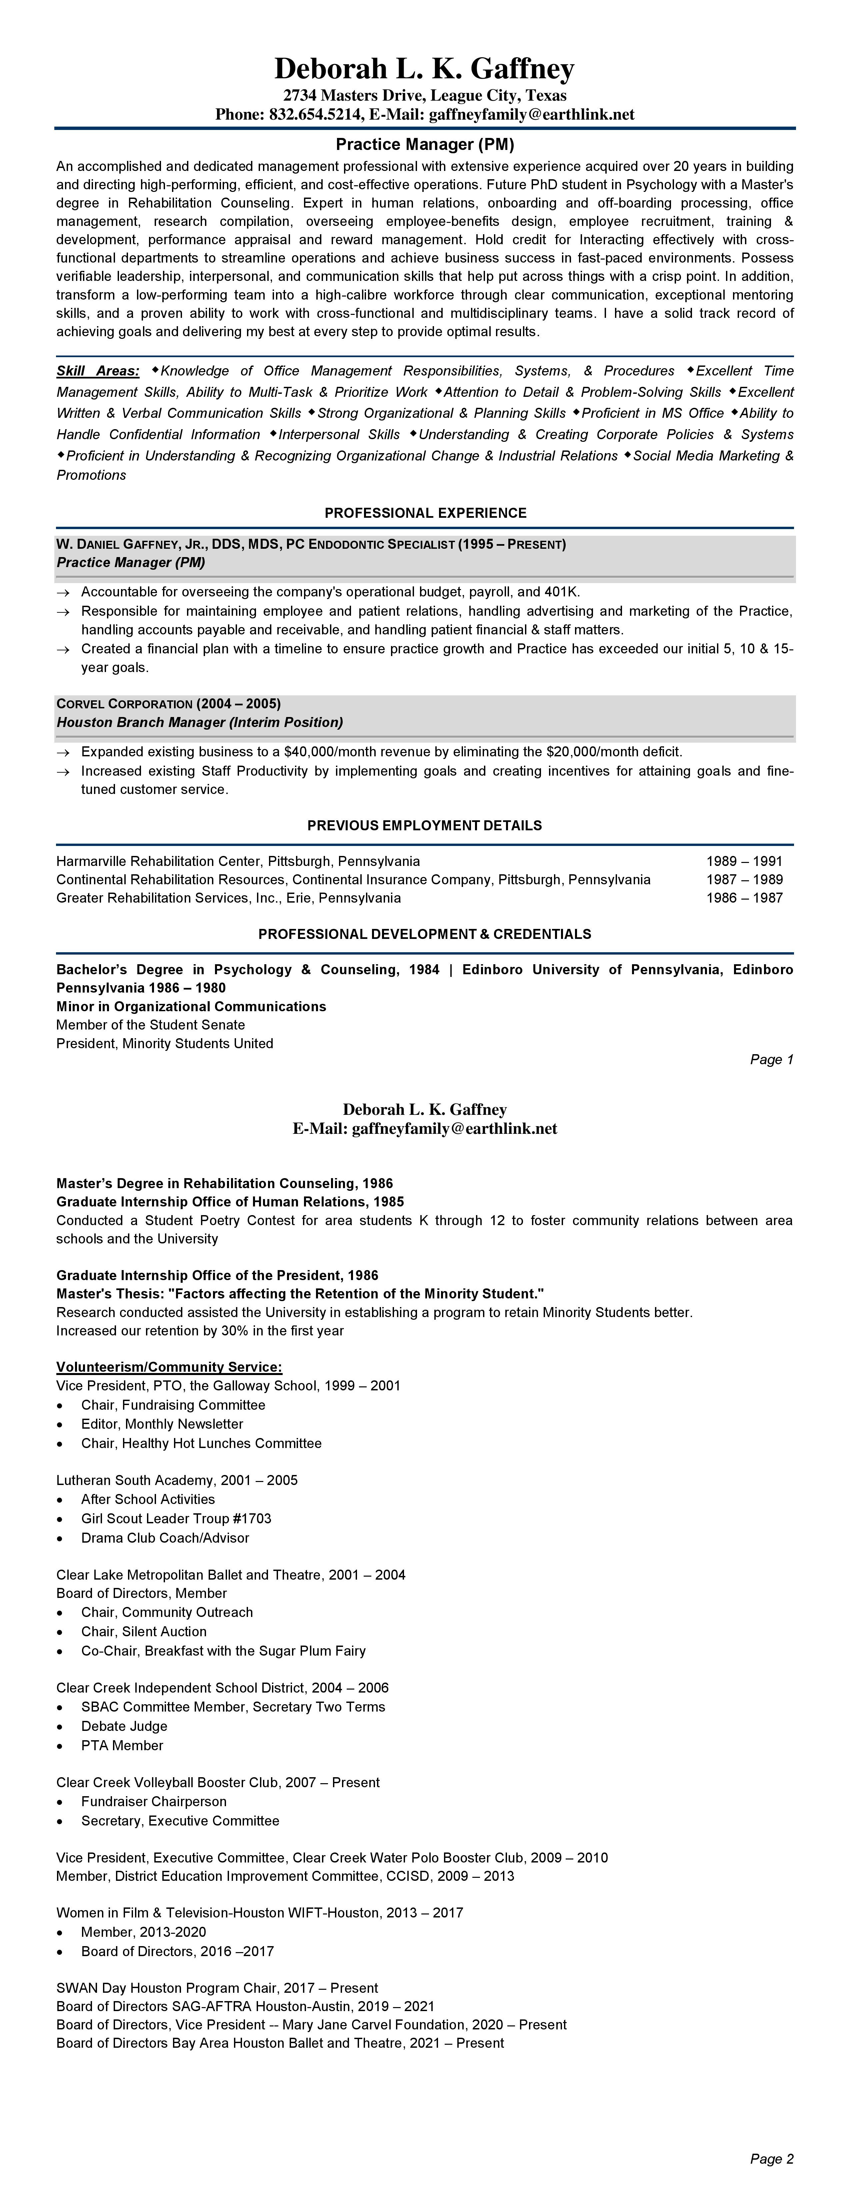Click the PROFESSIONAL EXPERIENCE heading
click(425, 513)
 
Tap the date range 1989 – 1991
click(743, 861)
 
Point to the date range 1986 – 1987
click(743, 898)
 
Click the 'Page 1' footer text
click(771, 1060)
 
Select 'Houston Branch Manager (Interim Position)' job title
click(200, 722)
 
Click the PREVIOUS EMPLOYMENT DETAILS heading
click(425, 826)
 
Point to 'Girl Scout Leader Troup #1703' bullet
click(176, 1519)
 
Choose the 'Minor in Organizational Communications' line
click(191, 1007)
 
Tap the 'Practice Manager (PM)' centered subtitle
click(425, 145)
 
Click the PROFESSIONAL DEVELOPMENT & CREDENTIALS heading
click(425, 934)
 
